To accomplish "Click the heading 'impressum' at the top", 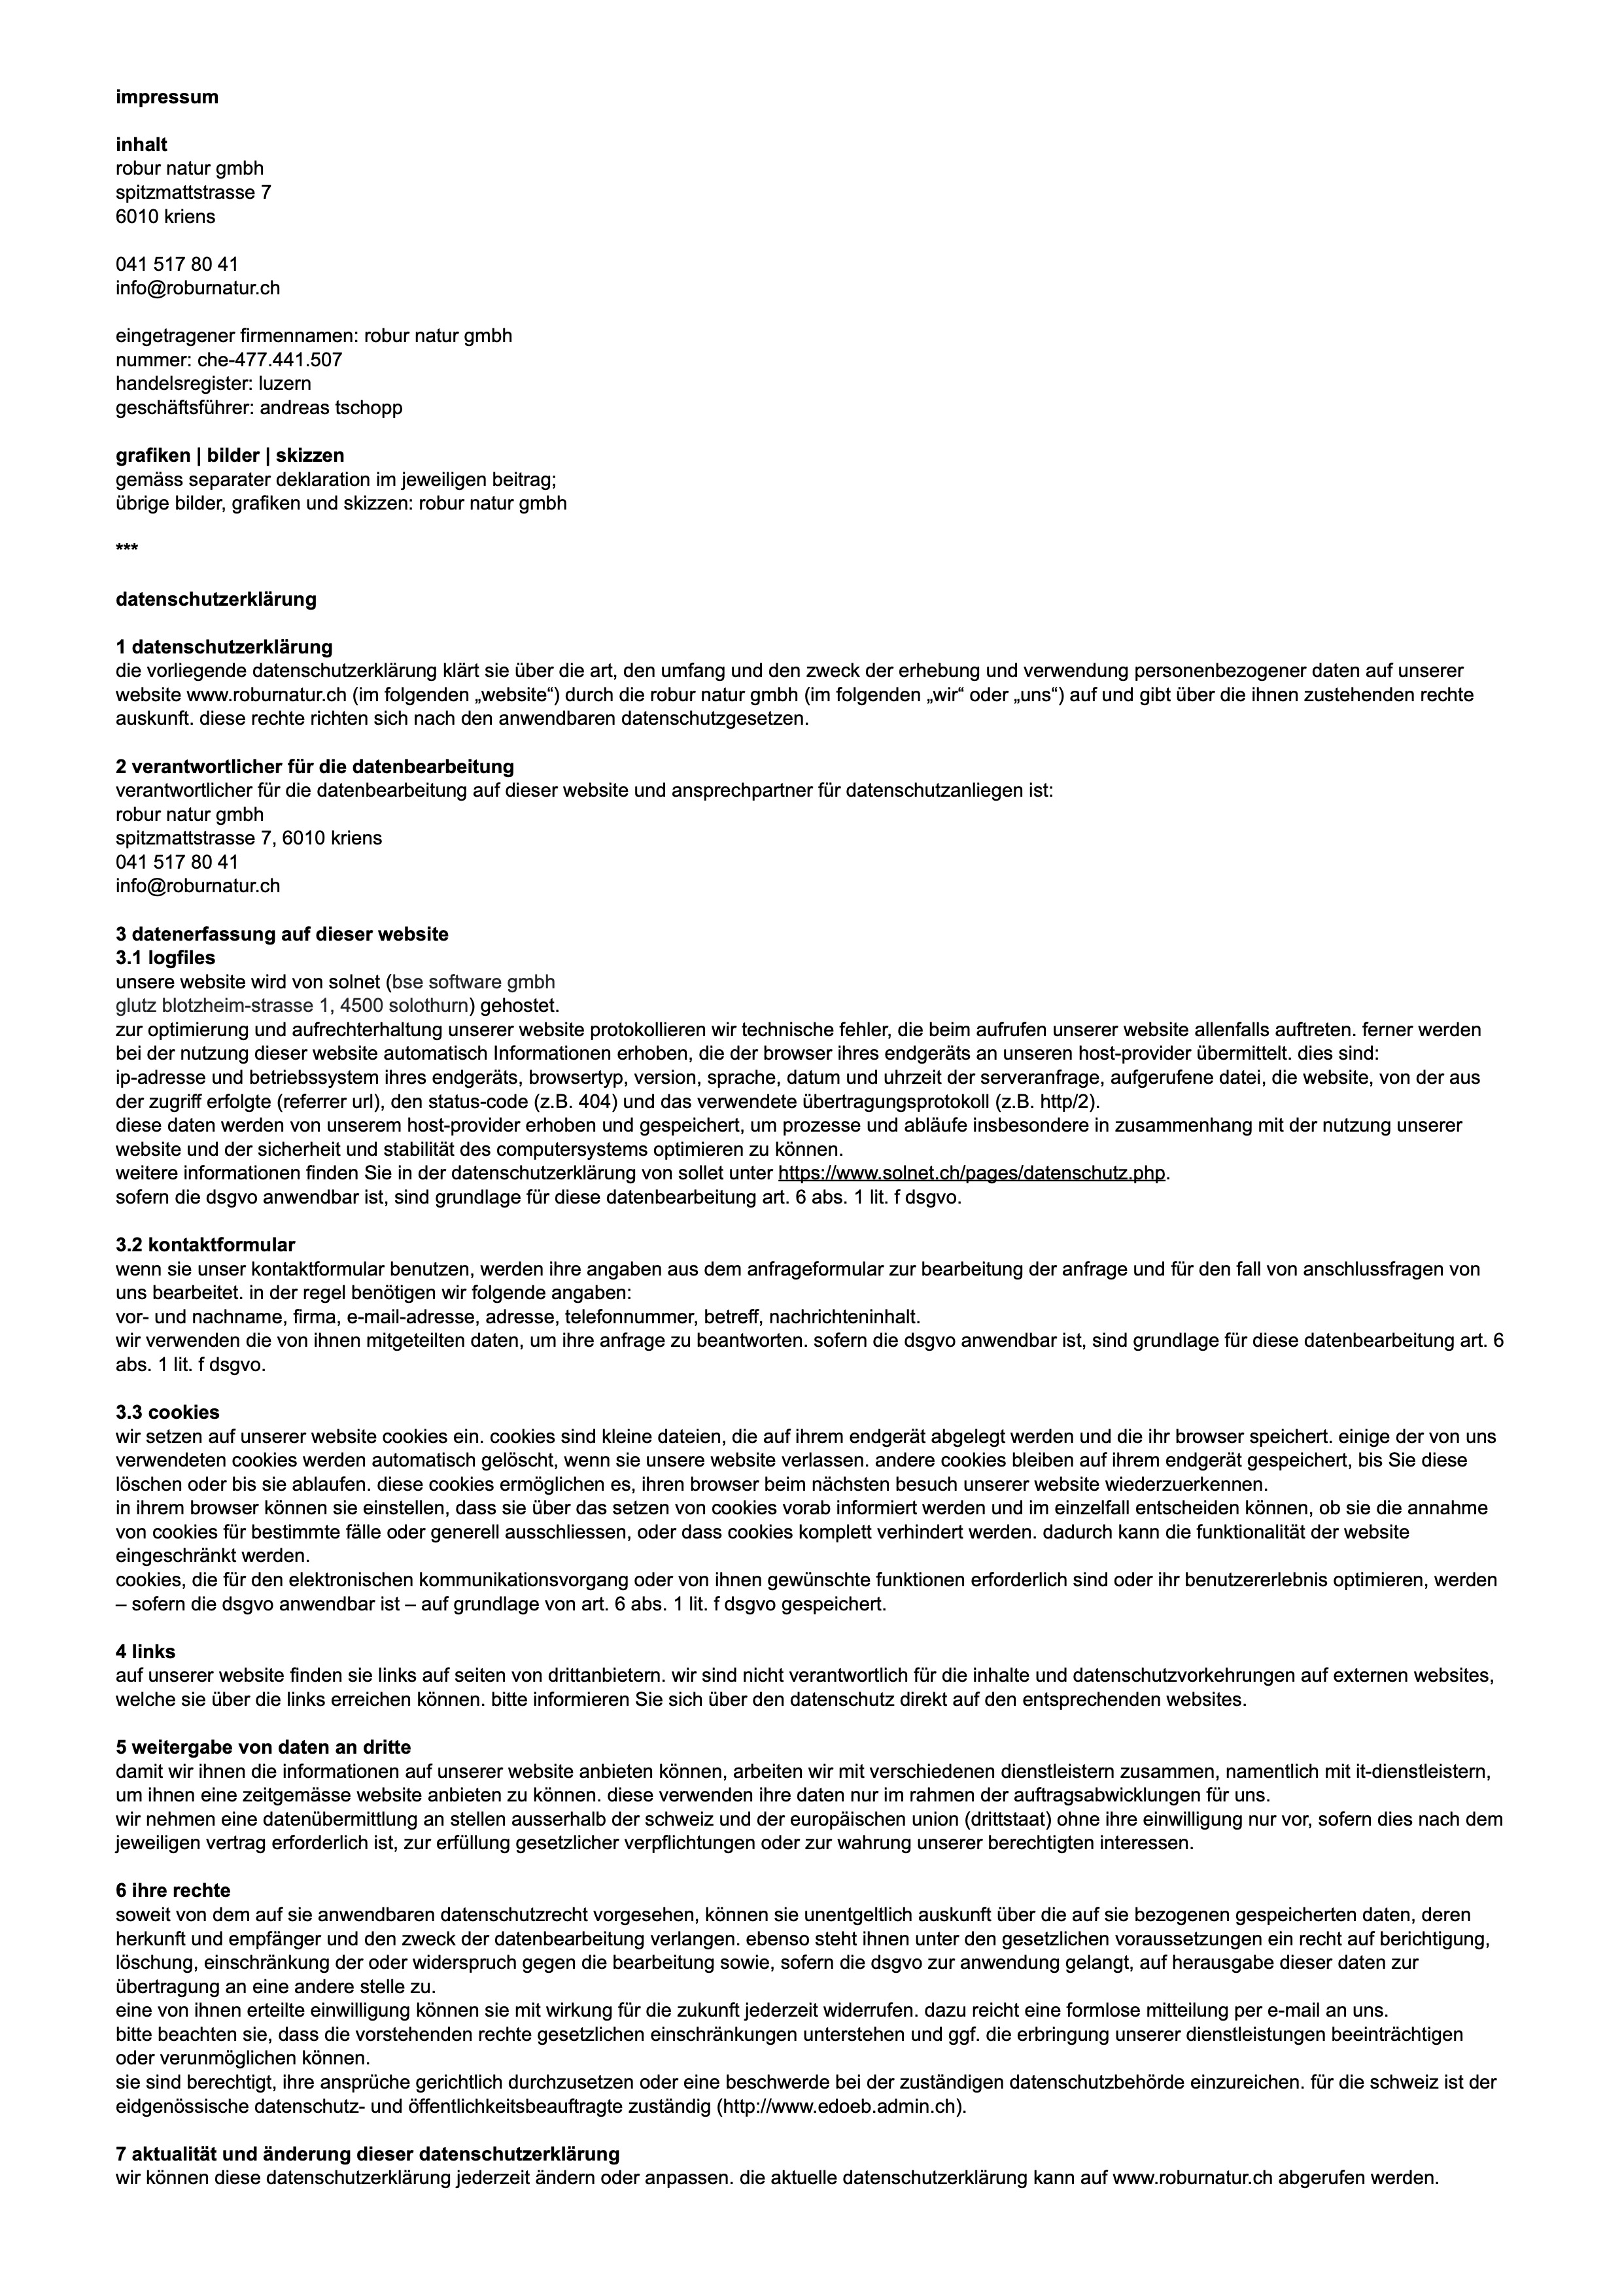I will pos(167,97).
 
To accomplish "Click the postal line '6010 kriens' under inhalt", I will pos(165,217).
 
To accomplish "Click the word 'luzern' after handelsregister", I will pos(285,384).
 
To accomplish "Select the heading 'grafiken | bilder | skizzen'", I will pos(230,456).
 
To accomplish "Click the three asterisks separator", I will pos(127,549).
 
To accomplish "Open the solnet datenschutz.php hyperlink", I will pos(971,1173).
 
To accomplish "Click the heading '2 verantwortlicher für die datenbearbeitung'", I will pos(315,767).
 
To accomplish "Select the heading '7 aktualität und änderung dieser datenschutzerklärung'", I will pos(368,2153).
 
